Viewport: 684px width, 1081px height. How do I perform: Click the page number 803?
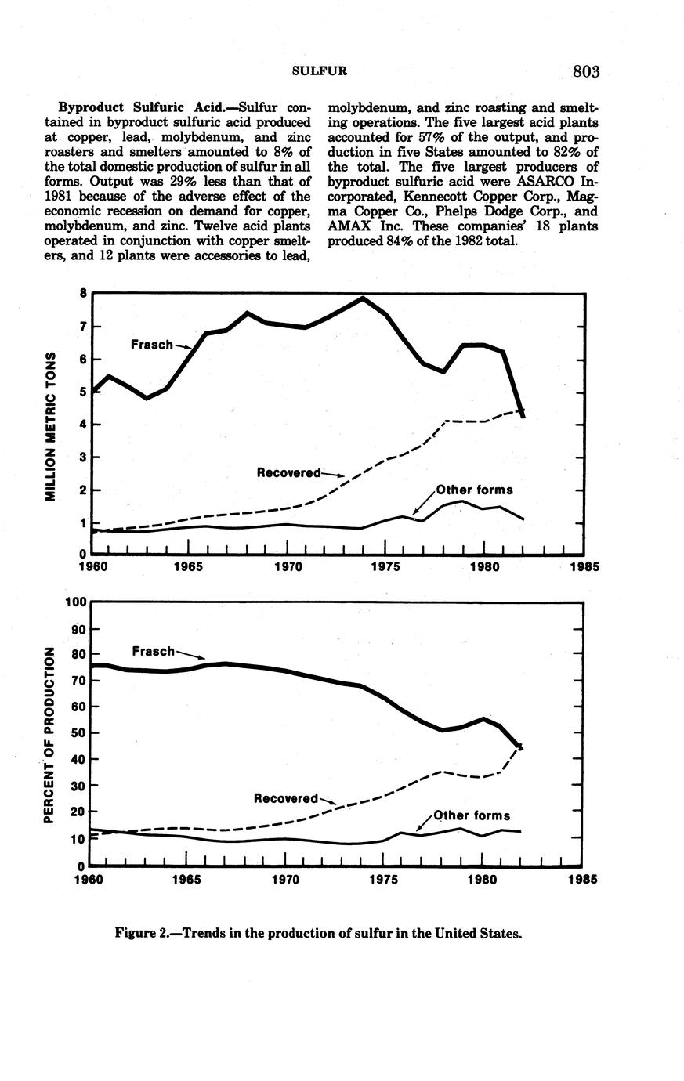click(585, 72)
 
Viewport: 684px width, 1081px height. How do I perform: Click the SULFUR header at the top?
click(319, 71)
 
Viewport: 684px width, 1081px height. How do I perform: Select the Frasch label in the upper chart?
click(151, 344)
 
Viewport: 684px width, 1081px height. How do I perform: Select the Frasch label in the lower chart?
click(154, 651)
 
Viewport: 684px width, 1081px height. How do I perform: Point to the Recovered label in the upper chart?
click(289, 472)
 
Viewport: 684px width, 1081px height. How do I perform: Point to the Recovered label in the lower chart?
click(286, 798)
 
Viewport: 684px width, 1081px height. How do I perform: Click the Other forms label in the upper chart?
click(475, 490)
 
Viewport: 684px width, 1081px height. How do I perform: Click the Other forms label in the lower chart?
click(472, 815)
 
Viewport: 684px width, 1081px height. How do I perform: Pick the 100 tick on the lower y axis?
click(75, 602)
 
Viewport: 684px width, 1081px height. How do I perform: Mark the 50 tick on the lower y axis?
click(78, 733)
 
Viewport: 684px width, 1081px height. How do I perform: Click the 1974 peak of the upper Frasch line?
click(363, 298)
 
